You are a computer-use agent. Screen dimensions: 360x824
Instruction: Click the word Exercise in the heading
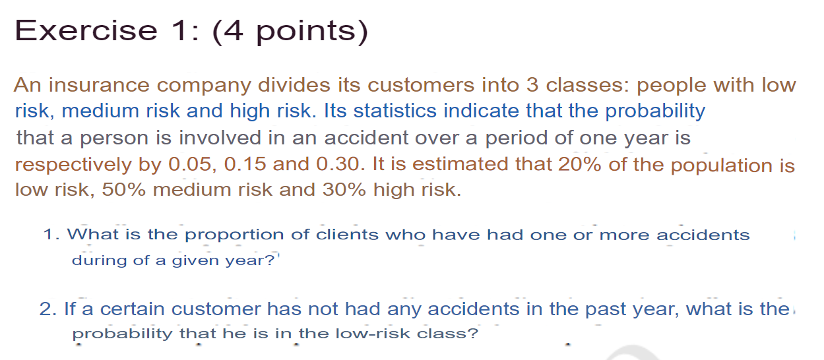[x=85, y=30]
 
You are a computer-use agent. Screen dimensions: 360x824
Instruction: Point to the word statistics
[x=396, y=111]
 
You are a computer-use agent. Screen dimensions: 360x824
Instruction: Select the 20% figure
[x=579, y=164]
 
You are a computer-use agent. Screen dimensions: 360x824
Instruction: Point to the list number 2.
[x=46, y=309]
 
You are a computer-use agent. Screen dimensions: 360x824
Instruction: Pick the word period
[x=520, y=138]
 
